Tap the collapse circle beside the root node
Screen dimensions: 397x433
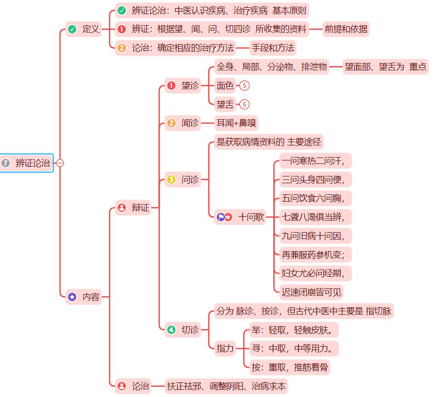pos(60,163)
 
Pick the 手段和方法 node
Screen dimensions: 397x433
pos(272,48)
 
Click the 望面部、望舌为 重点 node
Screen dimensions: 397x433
pos(386,67)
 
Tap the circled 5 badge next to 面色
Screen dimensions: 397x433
pos(244,86)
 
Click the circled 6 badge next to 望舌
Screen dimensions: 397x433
pos(244,104)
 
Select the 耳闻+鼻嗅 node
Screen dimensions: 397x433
pos(236,123)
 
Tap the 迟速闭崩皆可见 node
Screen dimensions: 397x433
pos(312,292)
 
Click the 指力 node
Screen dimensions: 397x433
pos(225,348)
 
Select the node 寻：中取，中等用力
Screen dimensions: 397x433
pos(295,348)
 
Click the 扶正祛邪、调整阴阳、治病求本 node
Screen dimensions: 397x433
pos(226,386)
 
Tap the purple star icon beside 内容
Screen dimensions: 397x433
pos(72,297)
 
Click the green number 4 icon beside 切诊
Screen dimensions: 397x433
pos(171,330)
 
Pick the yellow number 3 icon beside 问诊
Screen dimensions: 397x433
pos(171,180)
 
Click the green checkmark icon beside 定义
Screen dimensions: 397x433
pos(72,29)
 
